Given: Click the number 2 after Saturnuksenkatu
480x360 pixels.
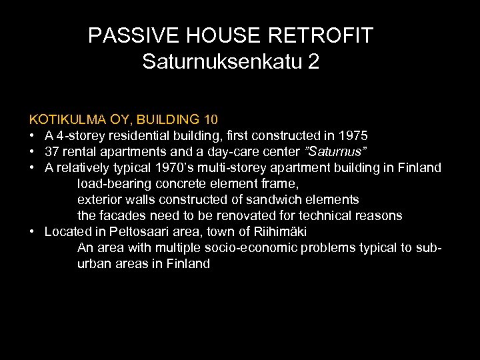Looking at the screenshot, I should pyautogui.click(x=313, y=62).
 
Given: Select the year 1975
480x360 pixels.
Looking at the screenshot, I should pyautogui.click(x=353, y=136).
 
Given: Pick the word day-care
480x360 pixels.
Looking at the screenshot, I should pyautogui.click(x=226, y=152).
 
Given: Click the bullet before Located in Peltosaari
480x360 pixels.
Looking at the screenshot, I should pyautogui.click(x=32, y=232).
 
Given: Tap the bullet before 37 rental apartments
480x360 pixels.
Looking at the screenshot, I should pyautogui.click(x=32, y=152).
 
